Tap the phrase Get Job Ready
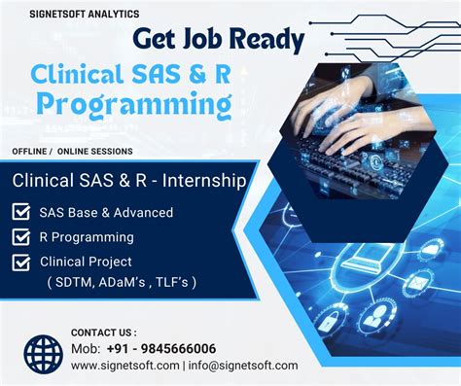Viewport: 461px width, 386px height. pyautogui.click(x=218, y=39)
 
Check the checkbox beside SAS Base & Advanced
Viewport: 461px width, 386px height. pyautogui.click(x=20, y=212)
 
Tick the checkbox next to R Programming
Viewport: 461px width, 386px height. pyautogui.click(x=20, y=236)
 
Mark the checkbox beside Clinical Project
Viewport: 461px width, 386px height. pyautogui.click(x=20, y=262)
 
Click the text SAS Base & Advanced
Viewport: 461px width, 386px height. pyautogui.click(x=106, y=212)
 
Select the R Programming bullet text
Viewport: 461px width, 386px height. pyautogui.click(x=87, y=236)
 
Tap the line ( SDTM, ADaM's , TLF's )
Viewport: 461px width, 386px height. pyautogui.click(x=118, y=282)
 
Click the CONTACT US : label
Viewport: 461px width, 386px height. pyautogui.click(x=104, y=333)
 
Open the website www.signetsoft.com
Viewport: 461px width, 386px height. pyautogui.click(x=124, y=366)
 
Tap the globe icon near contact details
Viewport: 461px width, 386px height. pyautogui.click(x=43, y=354)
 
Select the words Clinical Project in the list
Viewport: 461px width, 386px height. pyautogui.click(x=86, y=262)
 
